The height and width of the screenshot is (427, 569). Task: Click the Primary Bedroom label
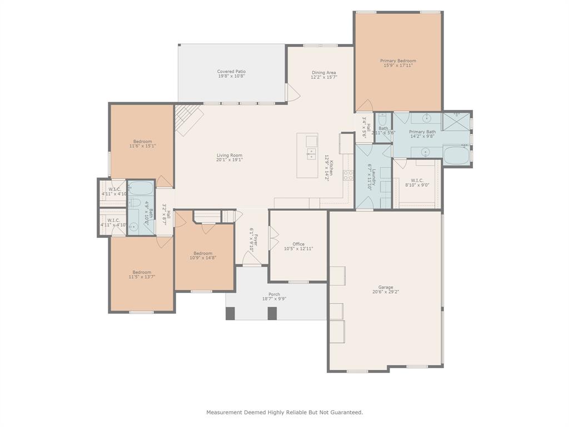pyautogui.click(x=398, y=61)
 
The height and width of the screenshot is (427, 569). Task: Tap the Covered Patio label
pyautogui.click(x=231, y=71)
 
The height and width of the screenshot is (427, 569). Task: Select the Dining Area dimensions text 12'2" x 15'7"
pyautogui.click(x=323, y=77)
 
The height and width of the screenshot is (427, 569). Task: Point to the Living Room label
pyautogui.click(x=229, y=155)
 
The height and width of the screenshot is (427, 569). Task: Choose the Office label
pyautogui.click(x=298, y=244)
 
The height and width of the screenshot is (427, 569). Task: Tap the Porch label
pyautogui.click(x=274, y=294)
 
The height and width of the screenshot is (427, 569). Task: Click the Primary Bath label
pyautogui.click(x=422, y=132)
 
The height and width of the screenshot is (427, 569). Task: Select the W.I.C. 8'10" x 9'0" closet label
pyautogui.click(x=417, y=180)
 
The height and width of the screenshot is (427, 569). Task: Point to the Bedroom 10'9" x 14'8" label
pyautogui.click(x=203, y=253)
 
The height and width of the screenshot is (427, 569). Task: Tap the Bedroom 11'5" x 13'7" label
pyautogui.click(x=142, y=272)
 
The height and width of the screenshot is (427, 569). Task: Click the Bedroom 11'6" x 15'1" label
pyautogui.click(x=142, y=141)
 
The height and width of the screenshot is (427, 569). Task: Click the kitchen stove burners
pyautogui.click(x=348, y=176)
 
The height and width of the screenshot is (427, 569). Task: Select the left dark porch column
pyautogui.click(x=230, y=314)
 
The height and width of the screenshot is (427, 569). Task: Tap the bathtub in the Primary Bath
pyautogui.click(x=457, y=155)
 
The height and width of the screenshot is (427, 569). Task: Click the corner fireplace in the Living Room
pyautogui.click(x=187, y=118)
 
